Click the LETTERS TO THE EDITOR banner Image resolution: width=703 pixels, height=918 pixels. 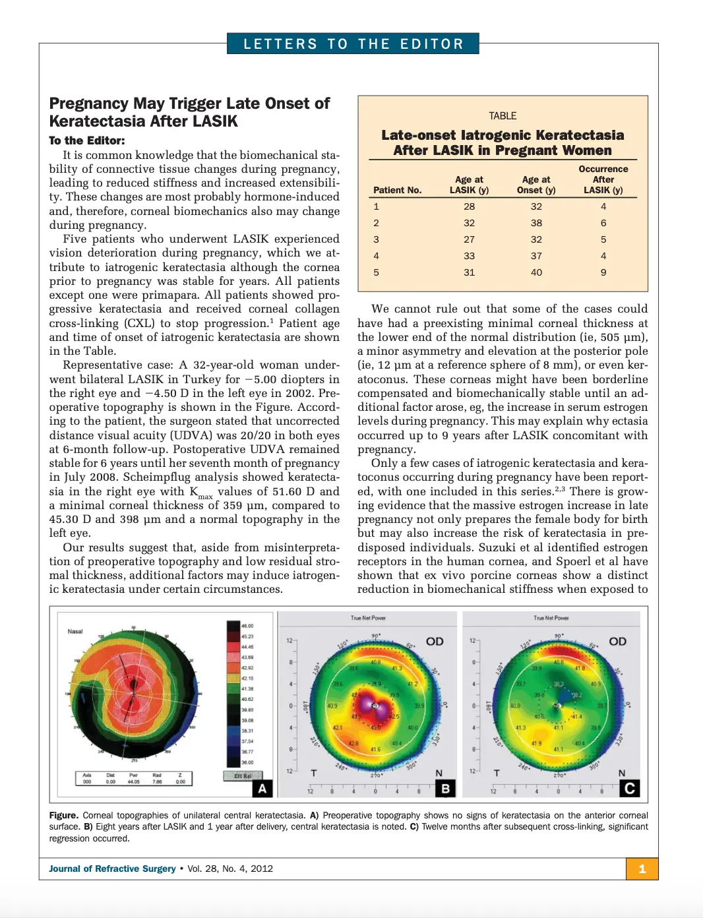[353, 44]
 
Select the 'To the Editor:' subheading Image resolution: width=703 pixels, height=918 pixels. [86, 140]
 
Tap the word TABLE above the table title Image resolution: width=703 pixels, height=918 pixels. [503, 116]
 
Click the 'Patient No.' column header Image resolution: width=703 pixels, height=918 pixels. [397, 190]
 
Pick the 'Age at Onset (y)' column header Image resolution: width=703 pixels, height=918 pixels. [536, 185]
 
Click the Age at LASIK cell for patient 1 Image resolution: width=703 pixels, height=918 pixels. [469, 206]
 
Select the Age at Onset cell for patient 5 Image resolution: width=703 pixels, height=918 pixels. [536, 272]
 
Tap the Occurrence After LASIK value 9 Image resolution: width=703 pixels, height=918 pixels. [603, 272]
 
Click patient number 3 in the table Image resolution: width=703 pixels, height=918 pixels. [377, 239]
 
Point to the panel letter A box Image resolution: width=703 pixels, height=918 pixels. [262, 788]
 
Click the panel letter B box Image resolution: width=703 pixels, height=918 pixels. [445, 788]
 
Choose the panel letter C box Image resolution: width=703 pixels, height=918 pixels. [629, 788]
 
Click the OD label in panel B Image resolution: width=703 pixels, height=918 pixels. [435, 641]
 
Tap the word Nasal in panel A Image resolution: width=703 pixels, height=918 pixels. [75, 631]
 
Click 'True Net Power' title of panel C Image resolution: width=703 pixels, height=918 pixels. [551, 618]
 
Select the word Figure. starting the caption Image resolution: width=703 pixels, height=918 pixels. [63, 815]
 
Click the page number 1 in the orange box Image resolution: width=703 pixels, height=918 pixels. [642, 869]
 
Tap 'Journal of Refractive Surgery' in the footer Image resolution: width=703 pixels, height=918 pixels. [112, 869]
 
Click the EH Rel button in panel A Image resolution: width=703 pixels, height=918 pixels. [243, 776]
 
